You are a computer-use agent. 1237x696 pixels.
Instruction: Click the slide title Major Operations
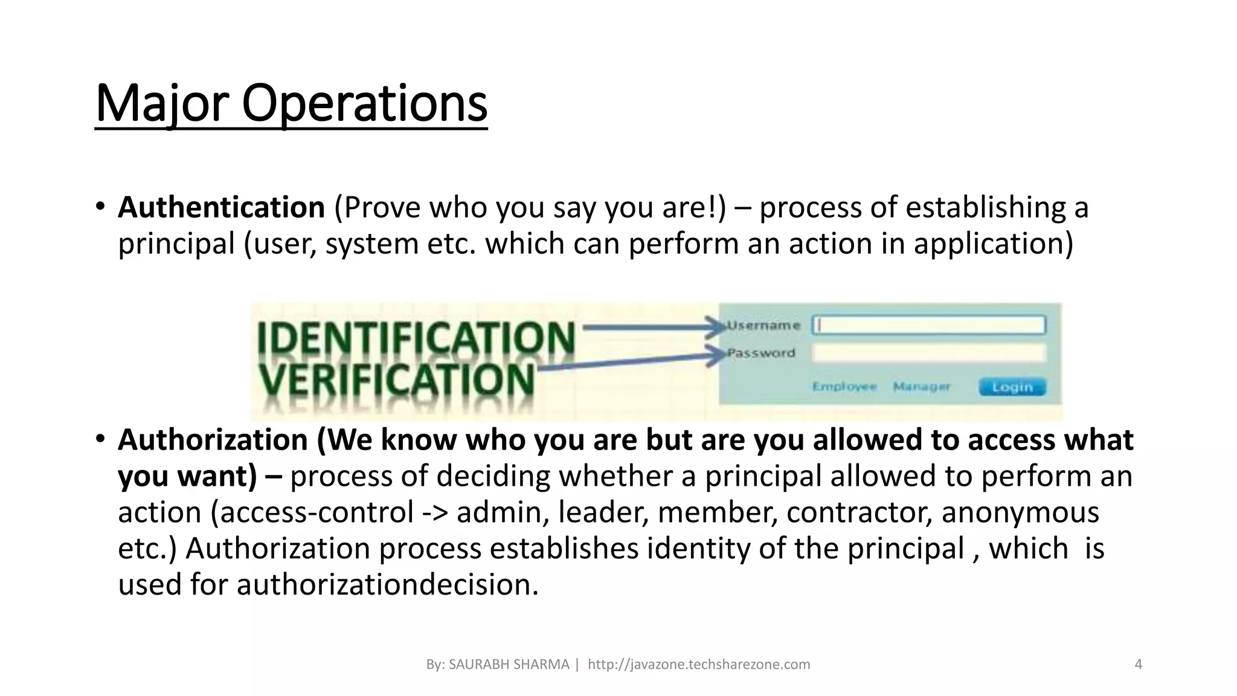click(291, 104)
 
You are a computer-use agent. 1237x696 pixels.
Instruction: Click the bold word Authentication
click(221, 207)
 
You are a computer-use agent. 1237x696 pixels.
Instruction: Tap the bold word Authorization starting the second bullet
click(213, 439)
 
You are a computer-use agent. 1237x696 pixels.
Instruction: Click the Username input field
click(928, 325)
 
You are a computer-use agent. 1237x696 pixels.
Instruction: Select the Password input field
click(928, 353)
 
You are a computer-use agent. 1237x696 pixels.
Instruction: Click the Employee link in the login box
click(844, 387)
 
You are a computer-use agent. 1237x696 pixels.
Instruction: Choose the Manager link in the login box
click(921, 387)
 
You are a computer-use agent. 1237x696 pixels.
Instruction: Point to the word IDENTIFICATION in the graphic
click(416, 338)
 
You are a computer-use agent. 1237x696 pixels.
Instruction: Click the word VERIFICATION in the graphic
click(396, 379)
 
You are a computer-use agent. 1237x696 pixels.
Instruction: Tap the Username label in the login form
click(764, 326)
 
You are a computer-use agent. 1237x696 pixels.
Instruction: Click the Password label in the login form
click(761, 353)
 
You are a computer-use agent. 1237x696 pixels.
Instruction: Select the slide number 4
click(1139, 665)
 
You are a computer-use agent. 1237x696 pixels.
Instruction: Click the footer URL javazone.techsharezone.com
click(699, 665)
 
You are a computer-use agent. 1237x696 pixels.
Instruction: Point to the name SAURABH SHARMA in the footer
click(509, 665)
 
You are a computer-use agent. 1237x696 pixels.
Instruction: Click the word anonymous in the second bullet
click(1020, 512)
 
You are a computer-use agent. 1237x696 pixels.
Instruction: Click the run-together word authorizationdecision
click(387, 585)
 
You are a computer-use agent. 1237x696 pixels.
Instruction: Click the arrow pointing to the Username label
click(652, 328)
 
